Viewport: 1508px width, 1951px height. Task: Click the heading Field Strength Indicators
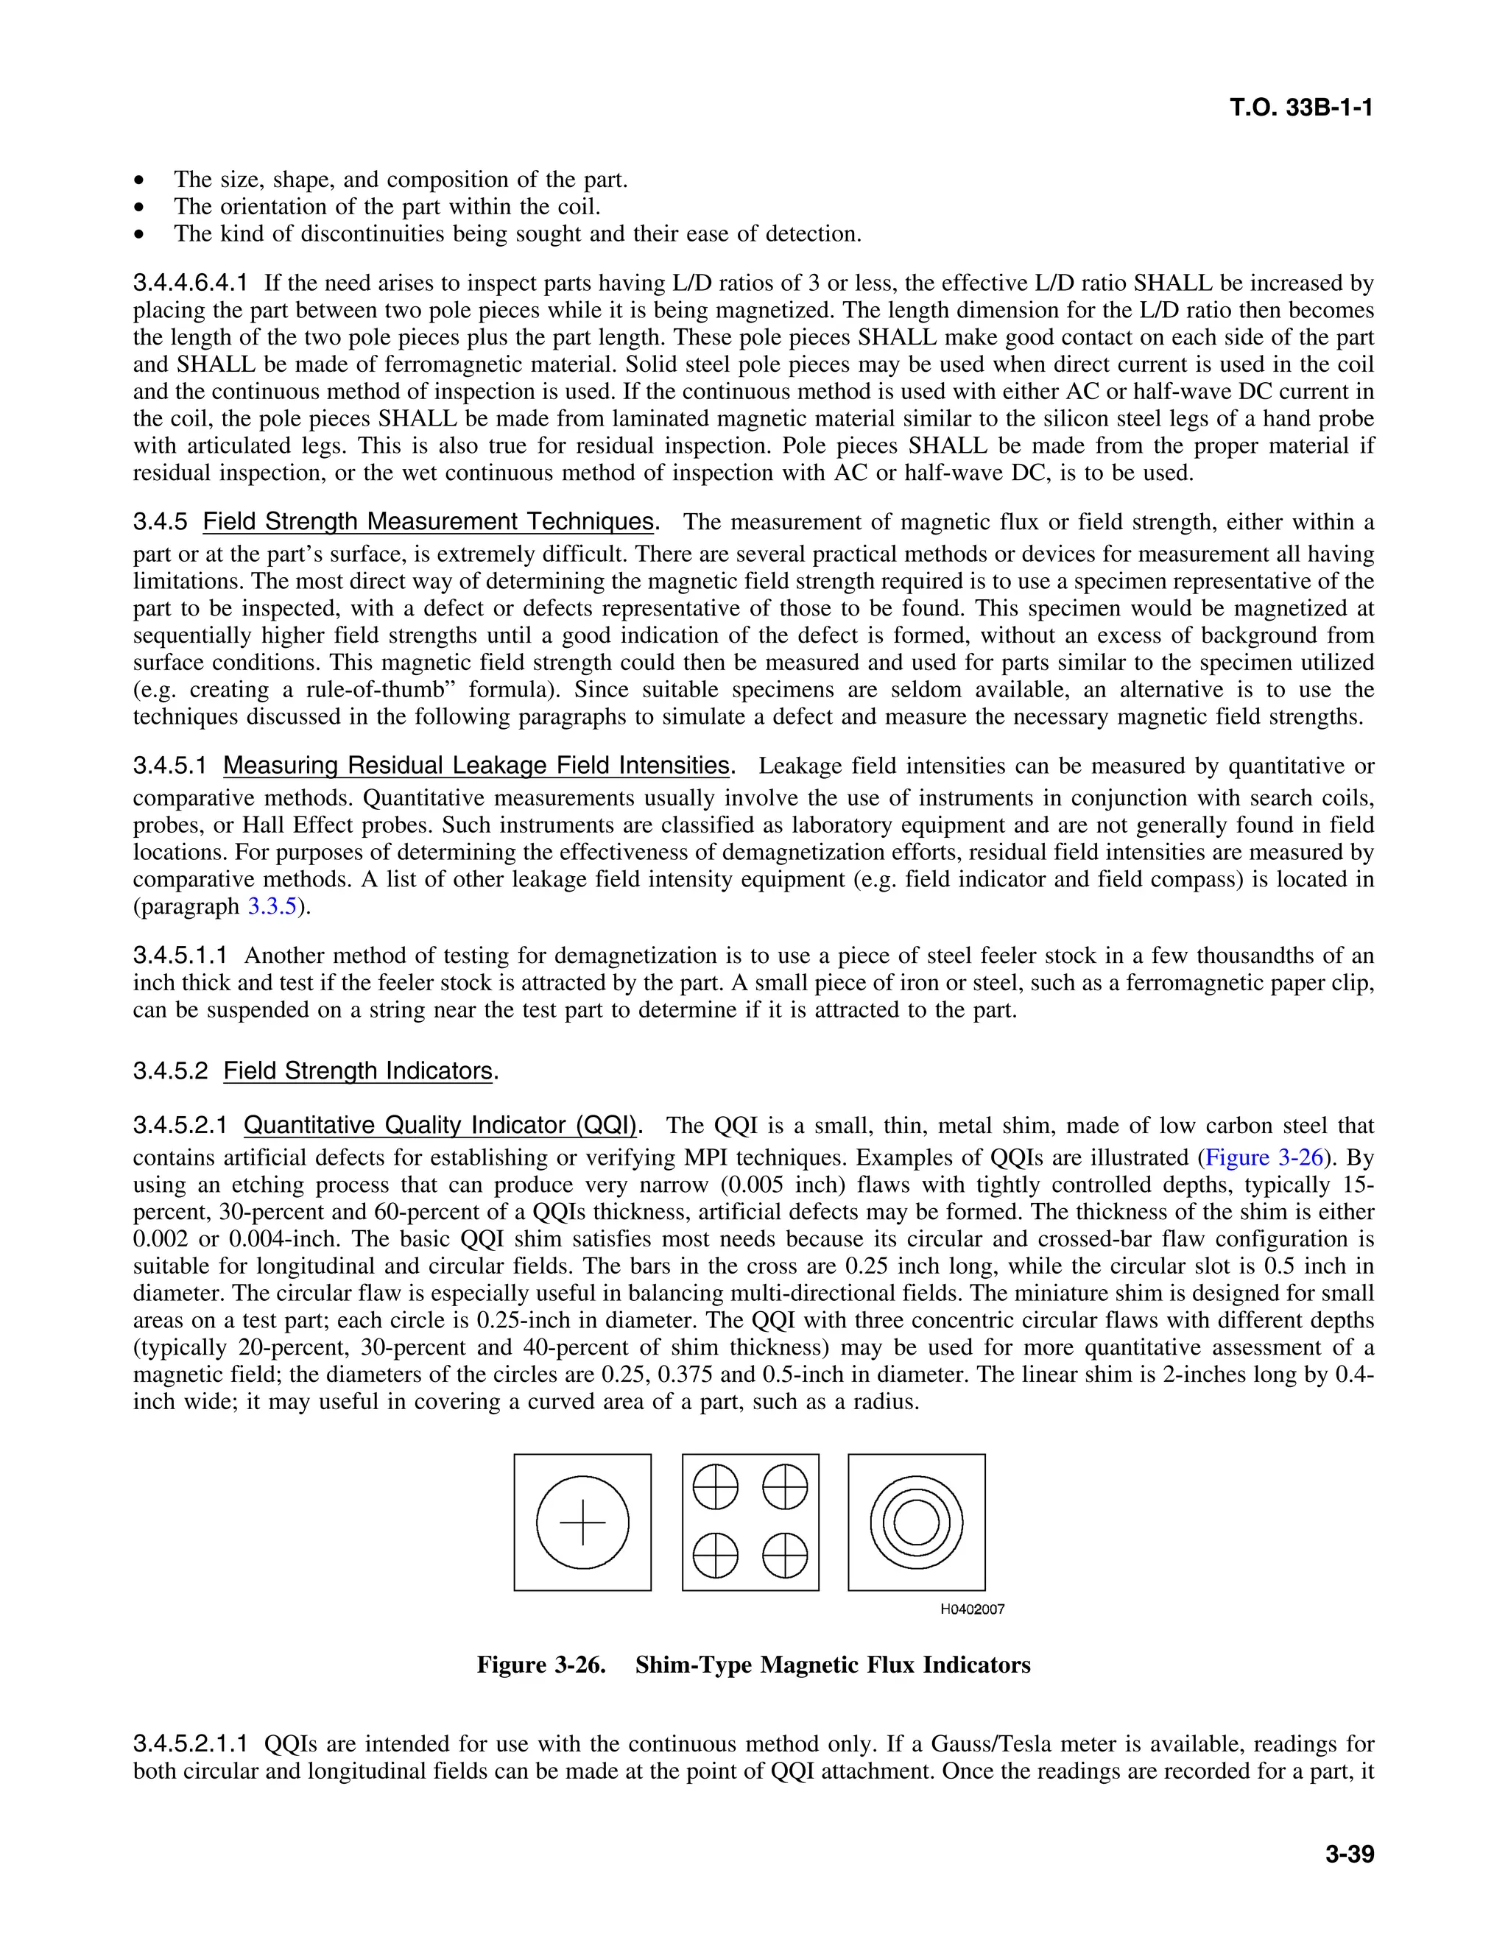(357, 1070)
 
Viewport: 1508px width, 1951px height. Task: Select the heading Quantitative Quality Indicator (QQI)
(441, 1125)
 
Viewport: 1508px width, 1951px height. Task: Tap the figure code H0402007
(972, 1609)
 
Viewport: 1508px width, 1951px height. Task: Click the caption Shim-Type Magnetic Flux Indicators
(833, 1665)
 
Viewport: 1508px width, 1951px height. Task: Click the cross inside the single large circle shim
(582, 1523)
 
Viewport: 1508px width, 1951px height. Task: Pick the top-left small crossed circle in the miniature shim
(716, 1487)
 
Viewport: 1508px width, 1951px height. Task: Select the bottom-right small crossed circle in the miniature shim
(785, 1556)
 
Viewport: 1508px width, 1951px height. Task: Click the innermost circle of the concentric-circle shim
(917, 1523)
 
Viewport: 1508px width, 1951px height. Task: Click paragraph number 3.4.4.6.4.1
(190, 284)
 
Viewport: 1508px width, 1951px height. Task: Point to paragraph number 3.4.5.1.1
(180, 956)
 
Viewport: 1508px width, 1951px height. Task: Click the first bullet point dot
(138, 181)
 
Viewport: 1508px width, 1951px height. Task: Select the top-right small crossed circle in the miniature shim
(785, 1487)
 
